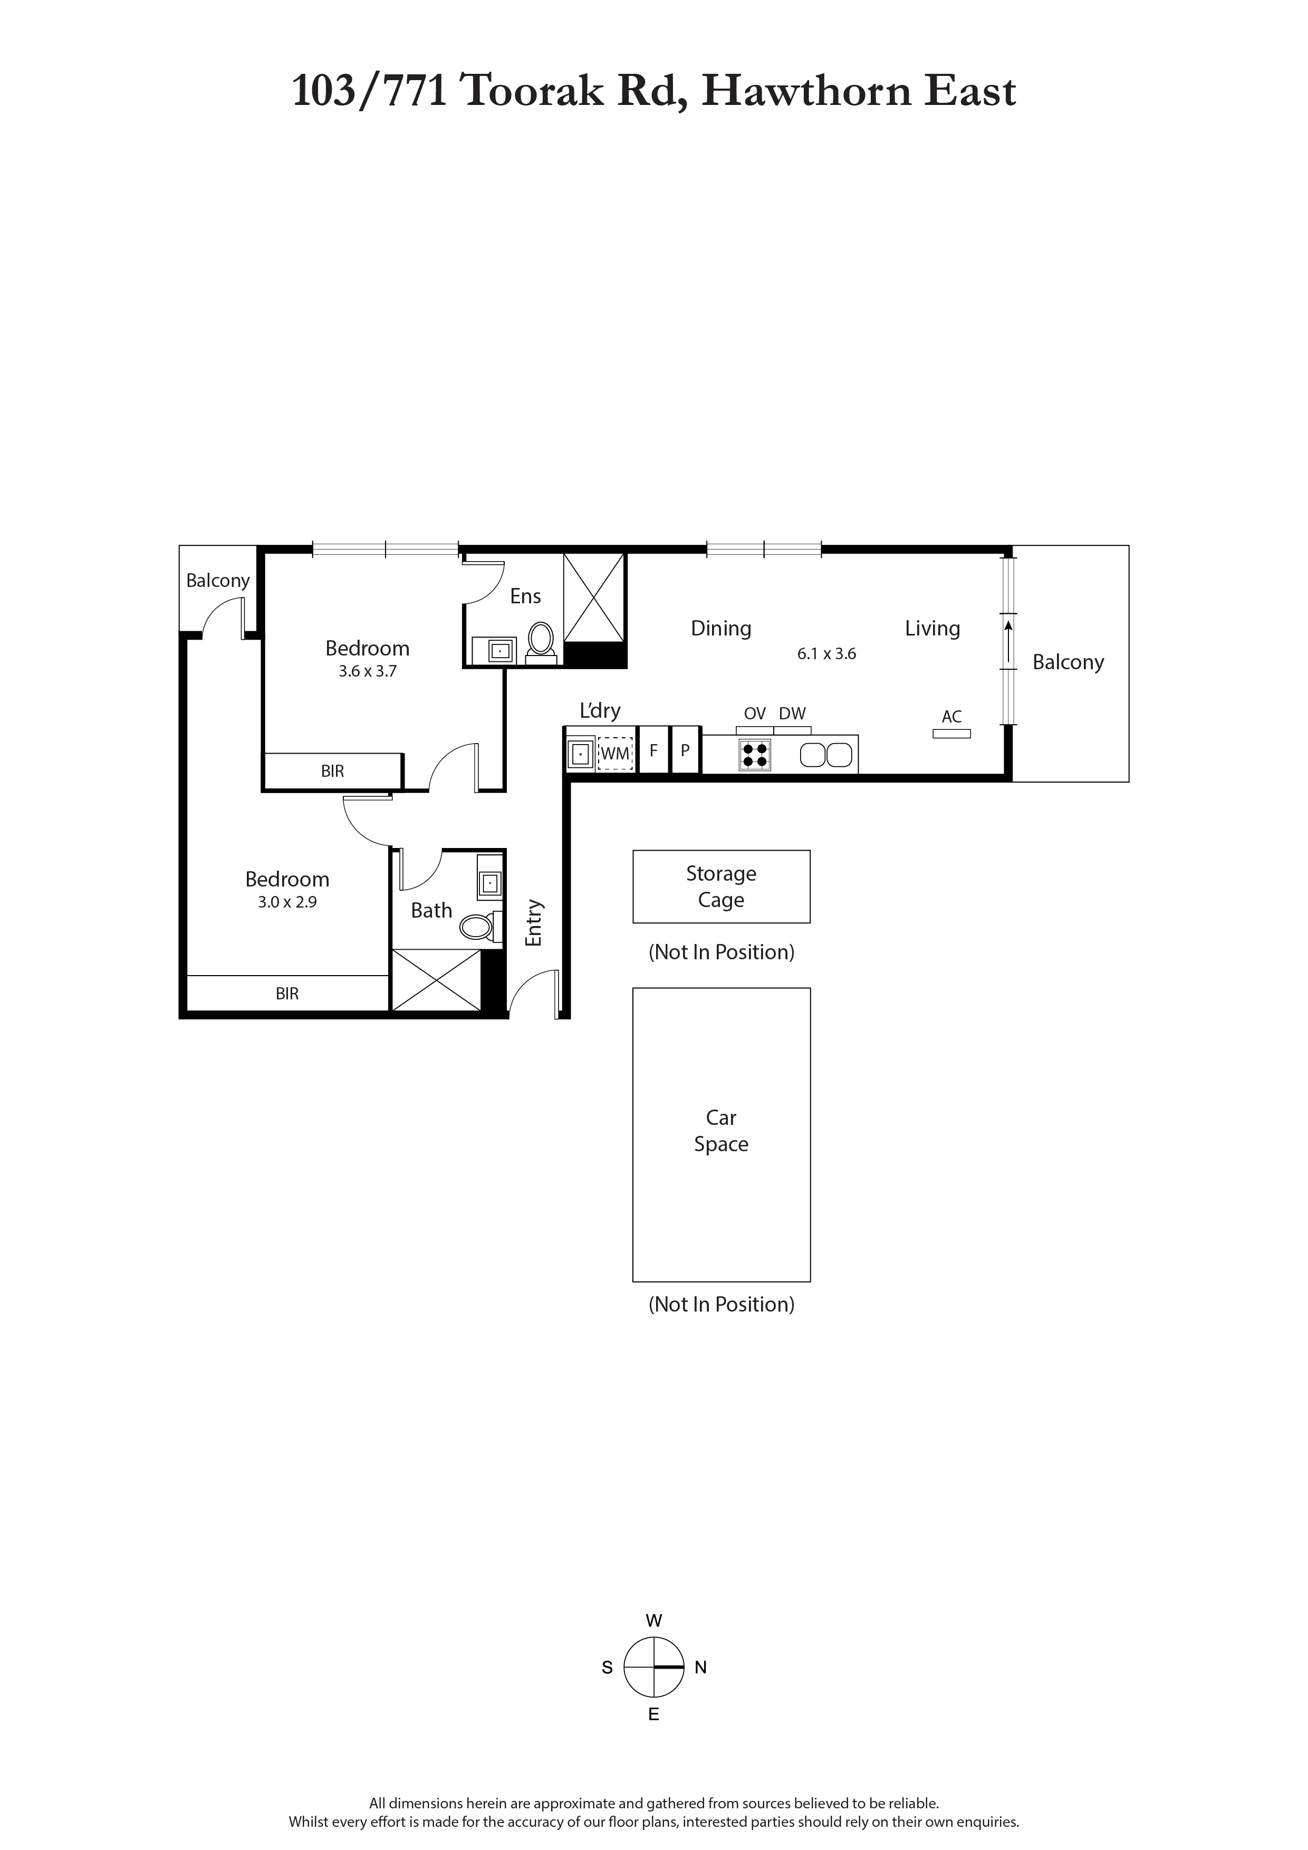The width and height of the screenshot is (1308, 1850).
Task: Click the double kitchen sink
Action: pos(826,755)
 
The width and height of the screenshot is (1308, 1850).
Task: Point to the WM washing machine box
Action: pos(615,754)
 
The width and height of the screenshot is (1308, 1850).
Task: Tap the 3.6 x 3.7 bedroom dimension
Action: pos(368,671)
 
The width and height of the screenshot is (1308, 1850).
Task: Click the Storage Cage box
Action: pos(722,887)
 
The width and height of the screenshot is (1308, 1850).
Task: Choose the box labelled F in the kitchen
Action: pos(653,750)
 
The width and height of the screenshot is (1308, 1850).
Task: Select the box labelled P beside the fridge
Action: pos(685,750)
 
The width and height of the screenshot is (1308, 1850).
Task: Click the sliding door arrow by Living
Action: pos(1008,641)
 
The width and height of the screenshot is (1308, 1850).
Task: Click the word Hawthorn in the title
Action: pos(807,90)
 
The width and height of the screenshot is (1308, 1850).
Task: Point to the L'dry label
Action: pos(600,711)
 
